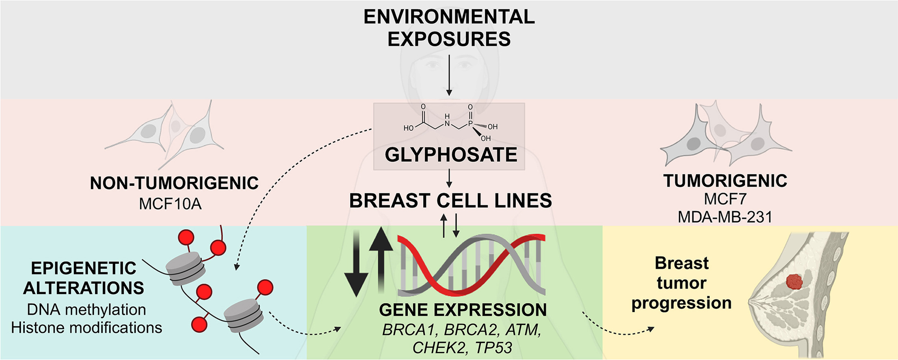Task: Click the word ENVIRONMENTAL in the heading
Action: (x=449, y=17)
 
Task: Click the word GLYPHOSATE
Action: (x=451, y=155)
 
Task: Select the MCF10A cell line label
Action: (x=170, y=204)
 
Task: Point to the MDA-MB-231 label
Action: (x=725, y=217)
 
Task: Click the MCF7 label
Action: (x=725, y=199)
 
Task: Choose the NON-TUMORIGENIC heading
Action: (x=174, y=183)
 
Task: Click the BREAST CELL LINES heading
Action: (x=450, y=201)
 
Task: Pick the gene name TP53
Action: (x=493, y=348)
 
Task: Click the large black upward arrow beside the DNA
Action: (x=381, y=260)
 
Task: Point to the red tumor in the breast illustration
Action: (x=794, y=282)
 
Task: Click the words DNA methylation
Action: (x=87, y=310)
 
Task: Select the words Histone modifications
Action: (x=87, y=327)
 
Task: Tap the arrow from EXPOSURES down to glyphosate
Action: (x=449, y=75)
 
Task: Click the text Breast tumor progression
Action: (x=682, y=283)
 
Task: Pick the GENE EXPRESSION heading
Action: (x=463, y=310)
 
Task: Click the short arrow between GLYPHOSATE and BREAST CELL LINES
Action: (x=449, y=178)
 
